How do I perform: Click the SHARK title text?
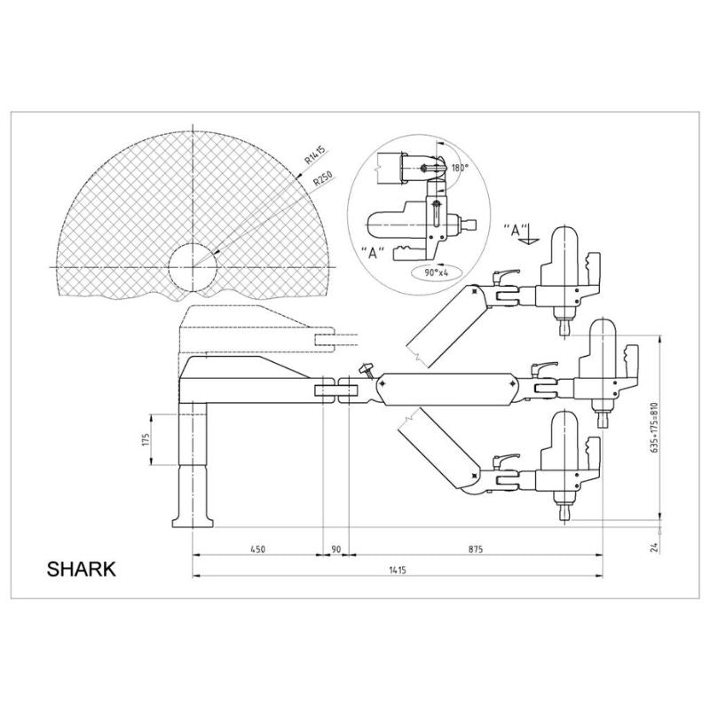[x=81, y=569]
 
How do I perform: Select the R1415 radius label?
[x=315, y=154]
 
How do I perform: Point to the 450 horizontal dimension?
[x=257, y=549]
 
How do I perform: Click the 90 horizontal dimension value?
[x=335, y=549]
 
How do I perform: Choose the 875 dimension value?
[x=476, y=549]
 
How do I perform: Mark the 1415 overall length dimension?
[x=397, y=570]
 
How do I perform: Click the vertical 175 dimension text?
[x=146, y=439]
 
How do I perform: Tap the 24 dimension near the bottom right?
[x=653, y=548]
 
